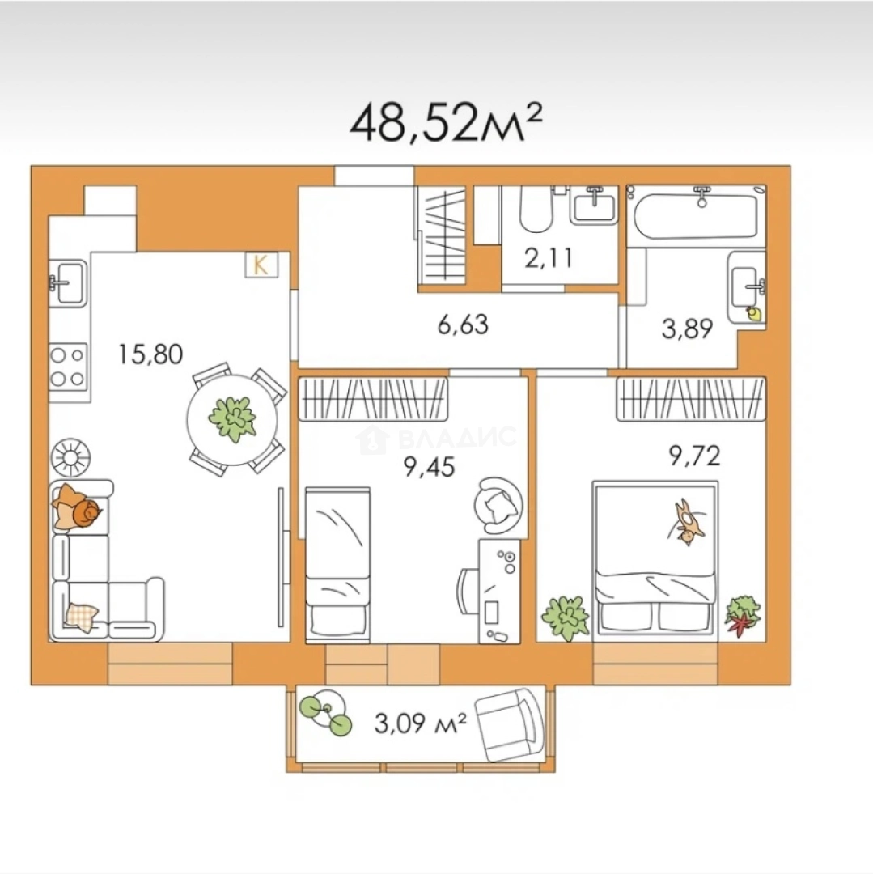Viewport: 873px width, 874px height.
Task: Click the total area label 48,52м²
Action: click(x=446, y=121)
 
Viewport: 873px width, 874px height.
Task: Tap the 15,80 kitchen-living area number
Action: click(x=150, y=354)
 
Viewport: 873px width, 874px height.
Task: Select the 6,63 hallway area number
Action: click(x=463, y=325)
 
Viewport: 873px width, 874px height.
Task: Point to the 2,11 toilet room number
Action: click(x=549, y=258)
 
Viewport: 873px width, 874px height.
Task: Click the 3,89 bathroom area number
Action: click(x=687, y=329)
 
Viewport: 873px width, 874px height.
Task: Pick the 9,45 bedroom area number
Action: click(x=429, y=467)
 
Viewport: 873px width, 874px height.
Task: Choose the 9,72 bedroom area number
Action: click(x=695, y=456)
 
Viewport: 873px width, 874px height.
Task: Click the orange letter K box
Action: click(x=261, y=265)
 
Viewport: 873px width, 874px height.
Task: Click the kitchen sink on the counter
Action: click(x=68, y=283)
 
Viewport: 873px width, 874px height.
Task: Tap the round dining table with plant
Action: click(x=231, y=419)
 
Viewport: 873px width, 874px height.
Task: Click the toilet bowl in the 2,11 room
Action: click(x=536, y=210)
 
